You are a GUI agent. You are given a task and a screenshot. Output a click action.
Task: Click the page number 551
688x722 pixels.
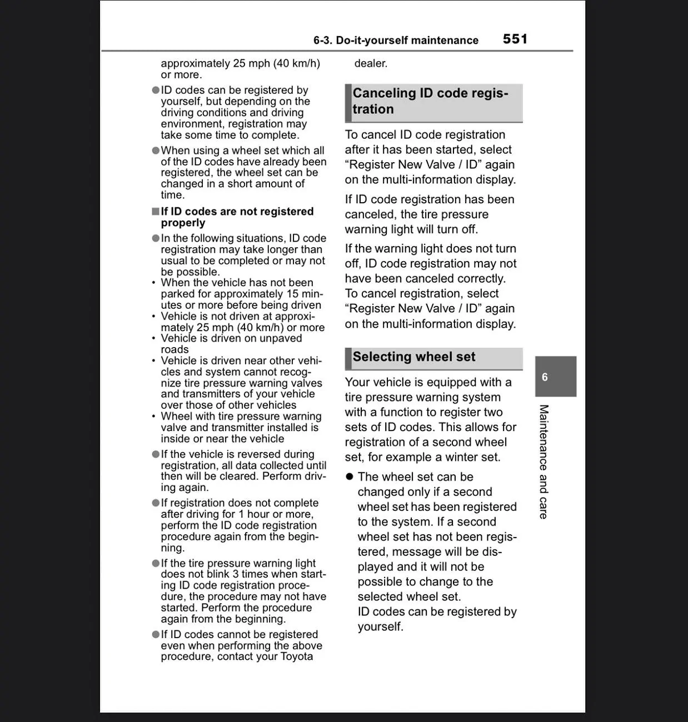tap(515, 39)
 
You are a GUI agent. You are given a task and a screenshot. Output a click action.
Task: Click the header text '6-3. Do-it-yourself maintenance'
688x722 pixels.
tap(396, 41)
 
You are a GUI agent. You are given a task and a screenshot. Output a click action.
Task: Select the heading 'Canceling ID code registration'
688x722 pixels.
tap(430, 101)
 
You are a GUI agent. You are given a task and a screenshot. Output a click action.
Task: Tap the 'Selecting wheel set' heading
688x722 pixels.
tap(414, 357)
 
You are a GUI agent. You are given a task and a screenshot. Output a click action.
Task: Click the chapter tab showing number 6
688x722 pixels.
tap(555, 377)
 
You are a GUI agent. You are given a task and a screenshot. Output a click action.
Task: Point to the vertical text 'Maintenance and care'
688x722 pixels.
tap(544, 462)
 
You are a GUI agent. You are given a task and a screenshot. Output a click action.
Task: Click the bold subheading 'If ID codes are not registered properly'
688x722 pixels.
tap(237, 217)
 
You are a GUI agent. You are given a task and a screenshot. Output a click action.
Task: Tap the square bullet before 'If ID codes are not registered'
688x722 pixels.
tap(156, 212)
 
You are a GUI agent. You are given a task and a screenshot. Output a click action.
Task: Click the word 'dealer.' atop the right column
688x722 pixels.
tap(371, 63)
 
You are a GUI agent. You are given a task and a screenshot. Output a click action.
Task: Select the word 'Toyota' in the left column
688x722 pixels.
tap(297, 656)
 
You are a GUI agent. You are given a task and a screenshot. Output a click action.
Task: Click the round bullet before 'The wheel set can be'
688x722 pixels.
tap(350, 477)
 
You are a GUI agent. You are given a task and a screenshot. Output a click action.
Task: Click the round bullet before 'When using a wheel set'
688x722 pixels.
tap(156, 151)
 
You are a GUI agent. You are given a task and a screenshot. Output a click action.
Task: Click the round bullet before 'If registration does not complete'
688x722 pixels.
tap(156, 503)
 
